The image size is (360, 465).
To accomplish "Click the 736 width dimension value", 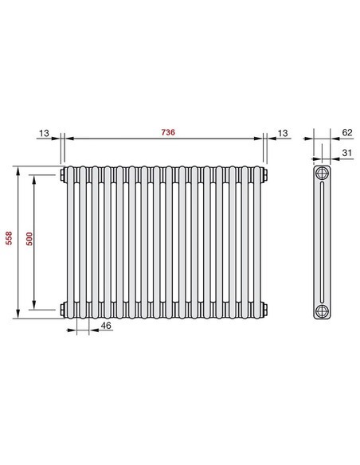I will tap(167, 131).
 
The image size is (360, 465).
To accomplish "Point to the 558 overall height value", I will tap(9, 241).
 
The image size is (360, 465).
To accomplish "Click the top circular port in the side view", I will tap(322, 174).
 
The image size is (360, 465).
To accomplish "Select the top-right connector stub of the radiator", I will tap(264, 174).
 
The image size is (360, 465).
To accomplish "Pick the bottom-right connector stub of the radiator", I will tap(264, 307).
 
